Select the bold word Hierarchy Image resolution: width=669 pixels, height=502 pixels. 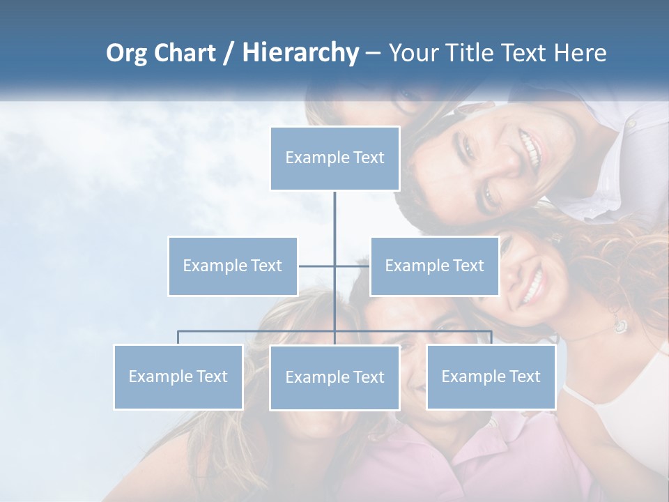tap(300, 53)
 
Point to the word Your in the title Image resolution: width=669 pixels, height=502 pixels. tap(412, 53)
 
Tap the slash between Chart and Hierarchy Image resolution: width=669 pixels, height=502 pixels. tap(228, 54)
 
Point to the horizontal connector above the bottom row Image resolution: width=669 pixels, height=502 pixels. tap(258, 330)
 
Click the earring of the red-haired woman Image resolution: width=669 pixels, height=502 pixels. tap(620, 326)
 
